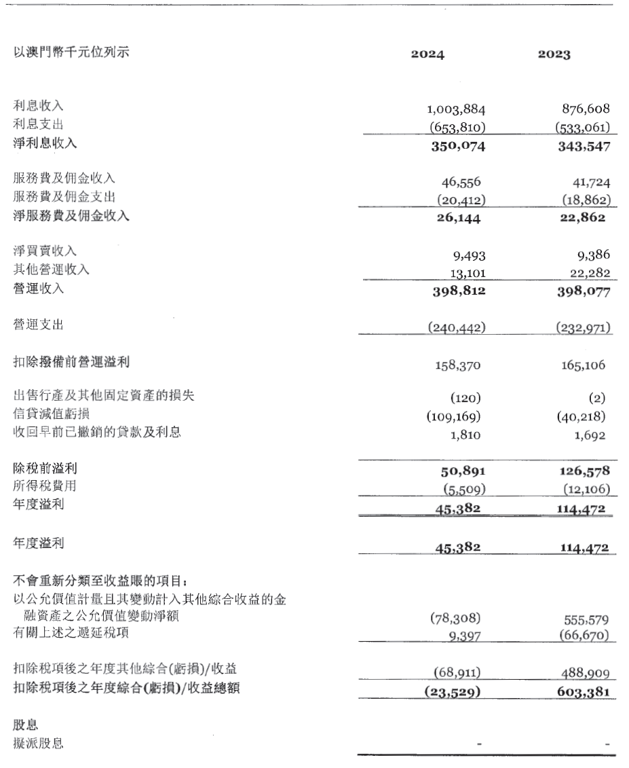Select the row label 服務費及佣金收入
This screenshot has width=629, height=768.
[x=64, y=179]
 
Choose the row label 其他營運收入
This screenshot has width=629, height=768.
[x=52, y=270]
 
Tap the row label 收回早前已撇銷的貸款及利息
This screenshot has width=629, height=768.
[x=97, y=431]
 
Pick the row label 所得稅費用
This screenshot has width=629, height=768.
[x=45, y=486]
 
